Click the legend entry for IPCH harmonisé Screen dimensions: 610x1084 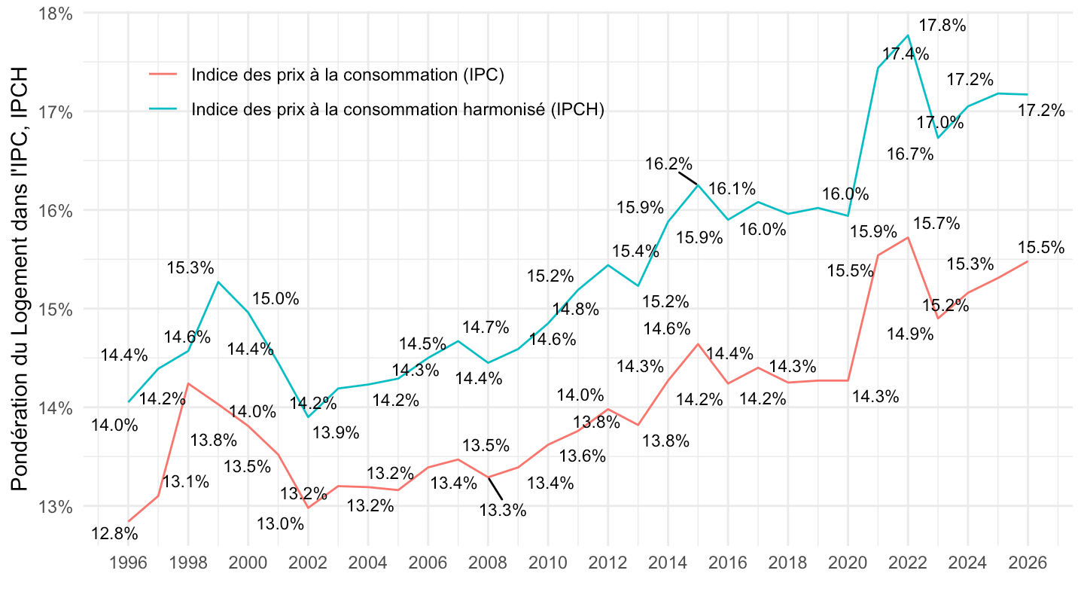coord(398,109)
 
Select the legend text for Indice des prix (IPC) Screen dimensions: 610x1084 coord(347,75)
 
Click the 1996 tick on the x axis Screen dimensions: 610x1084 coord(129,563)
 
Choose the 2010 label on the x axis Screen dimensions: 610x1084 coord(547,563)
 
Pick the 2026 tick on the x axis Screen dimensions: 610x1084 coord(1028,563)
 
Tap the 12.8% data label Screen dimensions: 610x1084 coord(114,534)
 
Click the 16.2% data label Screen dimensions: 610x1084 coord(668,163)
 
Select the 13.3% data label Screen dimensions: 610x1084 coord(503,510)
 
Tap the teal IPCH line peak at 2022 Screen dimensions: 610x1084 coord(908,35)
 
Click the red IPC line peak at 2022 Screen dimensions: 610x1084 coord(908,237)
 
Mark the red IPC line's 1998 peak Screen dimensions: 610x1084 coord(188,383)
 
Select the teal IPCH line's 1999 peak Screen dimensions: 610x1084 coord(218,282)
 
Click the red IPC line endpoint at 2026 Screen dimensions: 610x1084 coord(1028,261)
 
